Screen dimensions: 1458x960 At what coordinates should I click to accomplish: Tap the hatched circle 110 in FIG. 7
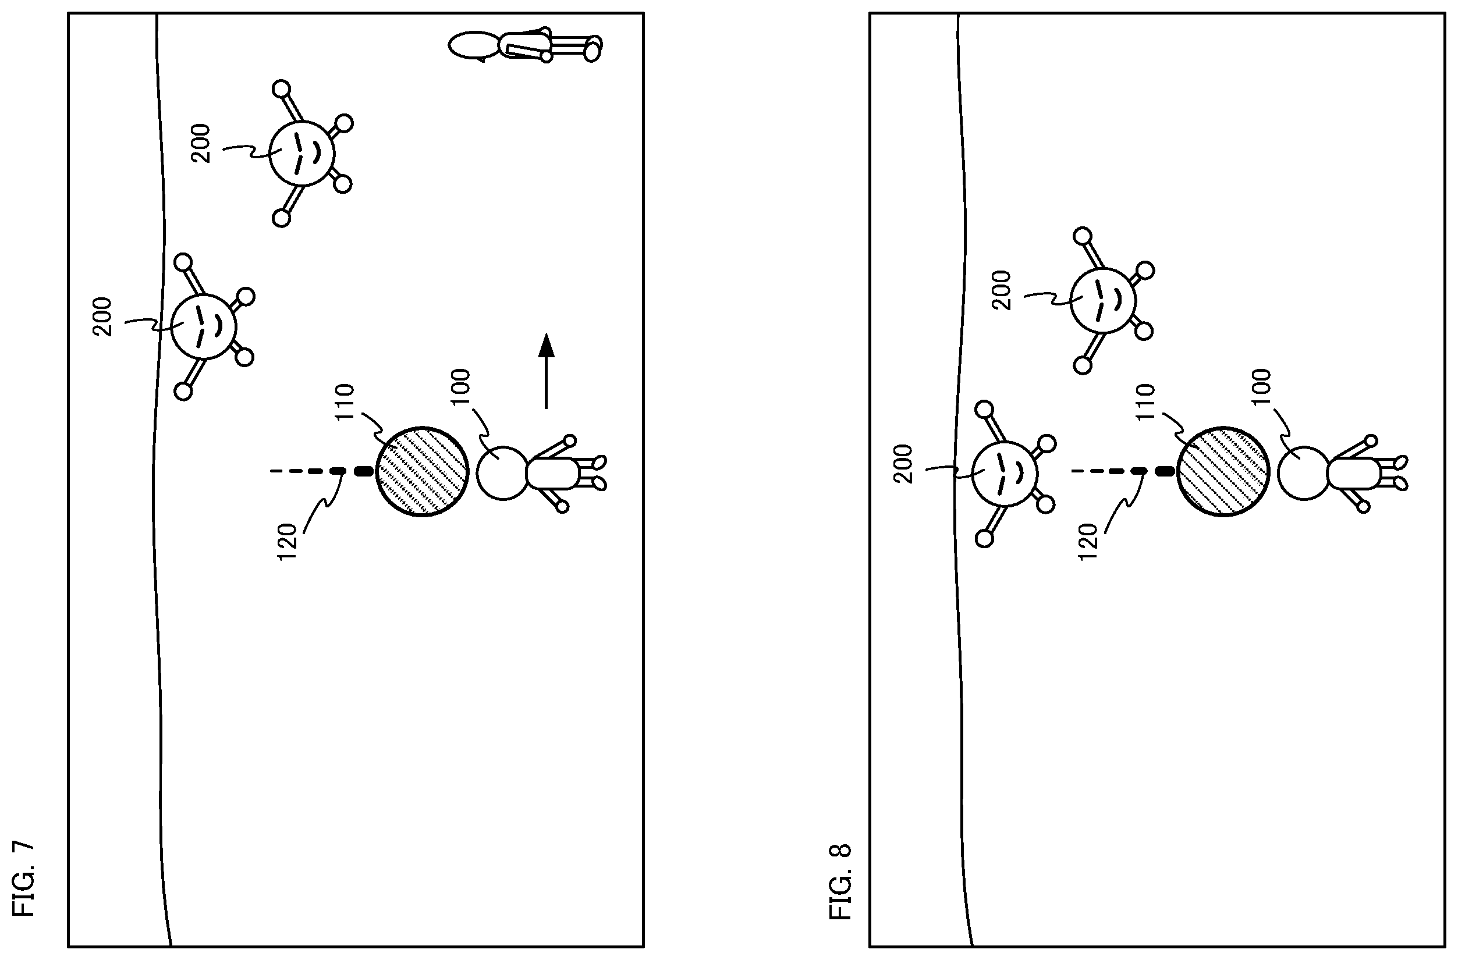click(x=422, y=471)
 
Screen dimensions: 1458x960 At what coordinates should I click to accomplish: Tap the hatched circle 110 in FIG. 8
click(x=1223, y=471)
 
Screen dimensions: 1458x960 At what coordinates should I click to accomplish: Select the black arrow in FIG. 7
click(x=546, y=371)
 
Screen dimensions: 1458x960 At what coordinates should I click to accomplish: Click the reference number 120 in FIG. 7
click(x=288, y=542)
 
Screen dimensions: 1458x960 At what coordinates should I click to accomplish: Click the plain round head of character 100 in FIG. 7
click(x=502, y=473)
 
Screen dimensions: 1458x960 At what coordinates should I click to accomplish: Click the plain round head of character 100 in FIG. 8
click(x=1304, y=473)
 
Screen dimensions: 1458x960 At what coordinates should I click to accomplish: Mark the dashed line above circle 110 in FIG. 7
click(x=321, y=471)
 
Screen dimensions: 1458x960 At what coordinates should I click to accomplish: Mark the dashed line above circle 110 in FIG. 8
click(x=1122, y=471)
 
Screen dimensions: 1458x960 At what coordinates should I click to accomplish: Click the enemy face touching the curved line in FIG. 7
click(x=203, y=326)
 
